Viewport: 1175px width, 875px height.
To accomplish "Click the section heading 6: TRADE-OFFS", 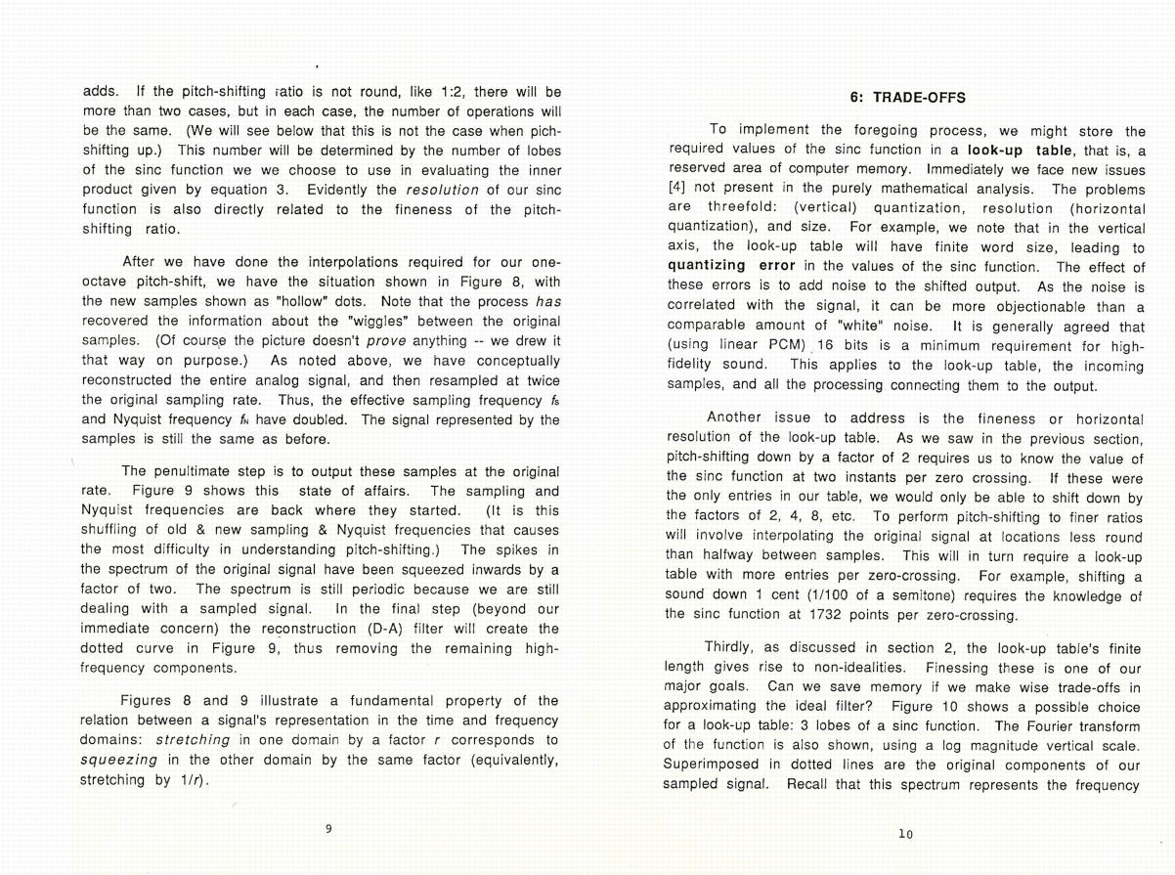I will click(905, 98).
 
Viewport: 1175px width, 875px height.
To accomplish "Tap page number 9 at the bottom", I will click(328, 829).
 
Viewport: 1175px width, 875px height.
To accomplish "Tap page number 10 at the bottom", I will click(905, 834).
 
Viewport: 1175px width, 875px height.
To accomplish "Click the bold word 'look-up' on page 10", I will click(998, 150).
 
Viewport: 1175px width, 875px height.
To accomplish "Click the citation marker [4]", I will click(677, 188).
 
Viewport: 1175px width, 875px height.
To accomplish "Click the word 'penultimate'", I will click(196, 472).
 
